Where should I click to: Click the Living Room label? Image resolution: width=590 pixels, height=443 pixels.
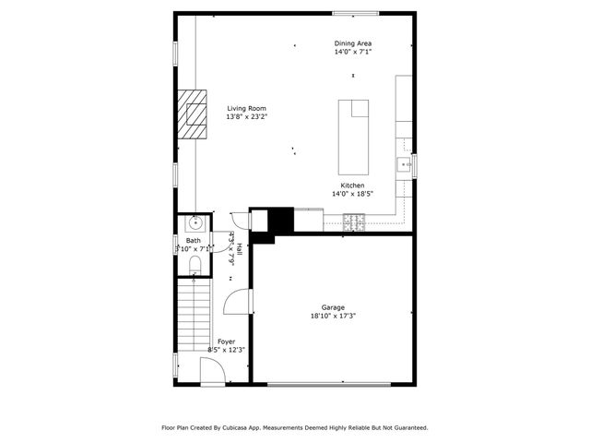pos(247,109)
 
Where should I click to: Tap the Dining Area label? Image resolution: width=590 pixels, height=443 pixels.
pos(353,43)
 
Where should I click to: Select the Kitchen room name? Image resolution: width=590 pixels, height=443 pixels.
pos(352,186)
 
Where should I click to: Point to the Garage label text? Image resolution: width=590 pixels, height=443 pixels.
pos(333,307)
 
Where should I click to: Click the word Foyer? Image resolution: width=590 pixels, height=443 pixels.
pos(226,341)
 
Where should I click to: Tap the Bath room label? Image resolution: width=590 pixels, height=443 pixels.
pos(193,241)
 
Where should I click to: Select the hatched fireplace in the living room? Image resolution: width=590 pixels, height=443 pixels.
pos(195,114)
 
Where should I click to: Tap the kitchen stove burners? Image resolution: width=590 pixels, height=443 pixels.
pos(356,221)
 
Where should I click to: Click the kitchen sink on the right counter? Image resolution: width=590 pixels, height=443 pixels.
pos(404,165)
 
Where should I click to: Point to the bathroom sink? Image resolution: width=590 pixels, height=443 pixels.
pos(195,223)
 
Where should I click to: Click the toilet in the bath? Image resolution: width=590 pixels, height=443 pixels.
pos(194,266)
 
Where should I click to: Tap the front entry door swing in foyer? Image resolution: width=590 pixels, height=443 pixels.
pos(211,373)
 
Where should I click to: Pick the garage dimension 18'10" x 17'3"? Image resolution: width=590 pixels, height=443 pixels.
pos(333,317)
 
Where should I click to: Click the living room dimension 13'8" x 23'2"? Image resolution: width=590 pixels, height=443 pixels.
pos(247,117)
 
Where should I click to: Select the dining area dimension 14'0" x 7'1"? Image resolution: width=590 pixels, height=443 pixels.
pos(353,52)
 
